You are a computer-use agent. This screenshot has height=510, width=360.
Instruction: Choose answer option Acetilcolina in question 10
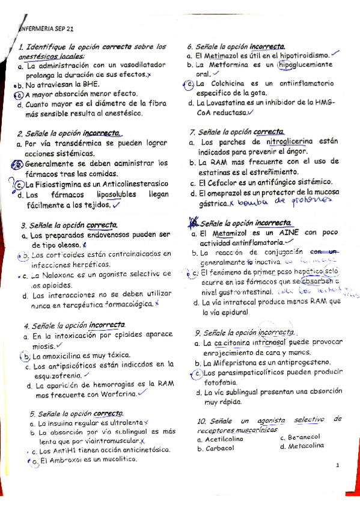pos(223,439)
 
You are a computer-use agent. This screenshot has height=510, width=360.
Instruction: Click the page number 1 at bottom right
pos(338,465)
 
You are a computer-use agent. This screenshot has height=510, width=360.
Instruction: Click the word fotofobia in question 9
pos(221,382)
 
